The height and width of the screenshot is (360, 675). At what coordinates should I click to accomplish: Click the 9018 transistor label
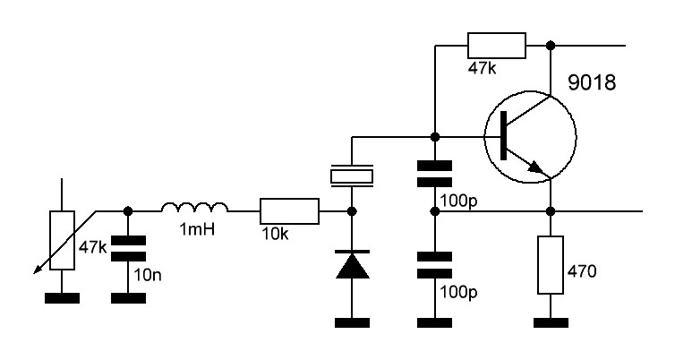tap(592, 82)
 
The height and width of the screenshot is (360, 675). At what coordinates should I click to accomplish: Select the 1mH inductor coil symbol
tap(194, 208)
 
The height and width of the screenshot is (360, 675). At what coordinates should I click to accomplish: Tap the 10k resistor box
tap(289, 211)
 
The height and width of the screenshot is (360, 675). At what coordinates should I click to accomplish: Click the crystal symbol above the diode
tap(352, 176)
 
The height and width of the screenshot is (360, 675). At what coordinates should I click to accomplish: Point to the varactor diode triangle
tap(352, 266)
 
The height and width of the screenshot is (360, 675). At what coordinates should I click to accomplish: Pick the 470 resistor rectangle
tap(551, 265)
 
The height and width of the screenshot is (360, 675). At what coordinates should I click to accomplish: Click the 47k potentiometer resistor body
tap(62, 240)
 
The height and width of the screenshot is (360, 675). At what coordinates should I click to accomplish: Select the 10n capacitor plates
tap(128, 248)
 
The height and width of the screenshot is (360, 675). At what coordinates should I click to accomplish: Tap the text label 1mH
tap(197, 229)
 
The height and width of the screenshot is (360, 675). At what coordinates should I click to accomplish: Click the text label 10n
tap(147, 275)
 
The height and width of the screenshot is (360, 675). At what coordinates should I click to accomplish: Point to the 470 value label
tap(582, 271)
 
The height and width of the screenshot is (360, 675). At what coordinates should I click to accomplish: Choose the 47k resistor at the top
tap(496, 45)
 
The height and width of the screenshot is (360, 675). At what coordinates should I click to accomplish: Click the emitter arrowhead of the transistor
tap(536, 167)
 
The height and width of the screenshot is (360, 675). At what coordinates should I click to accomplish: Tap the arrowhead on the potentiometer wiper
tap(38, 270)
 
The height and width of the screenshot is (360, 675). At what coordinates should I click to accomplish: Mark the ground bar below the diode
tap(352, 322)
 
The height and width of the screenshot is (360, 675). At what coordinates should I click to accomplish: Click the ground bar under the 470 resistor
tap(551, 322)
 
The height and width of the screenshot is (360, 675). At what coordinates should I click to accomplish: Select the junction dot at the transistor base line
tap(435, 137)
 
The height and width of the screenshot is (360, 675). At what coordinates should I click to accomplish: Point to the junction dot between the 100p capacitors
tap(435, 211)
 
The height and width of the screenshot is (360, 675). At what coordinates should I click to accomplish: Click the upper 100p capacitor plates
tap(435, 174)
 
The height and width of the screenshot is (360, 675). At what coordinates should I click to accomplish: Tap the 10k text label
tap(275, 234)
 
